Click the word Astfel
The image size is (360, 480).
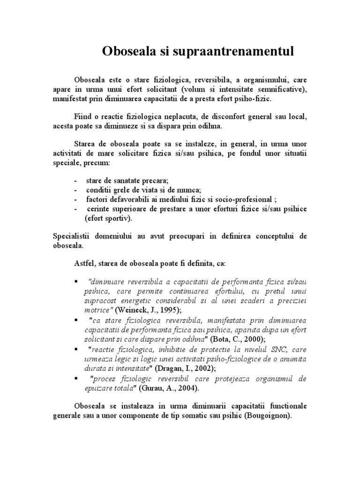point(85,264)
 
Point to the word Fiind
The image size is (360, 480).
point(83,116)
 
